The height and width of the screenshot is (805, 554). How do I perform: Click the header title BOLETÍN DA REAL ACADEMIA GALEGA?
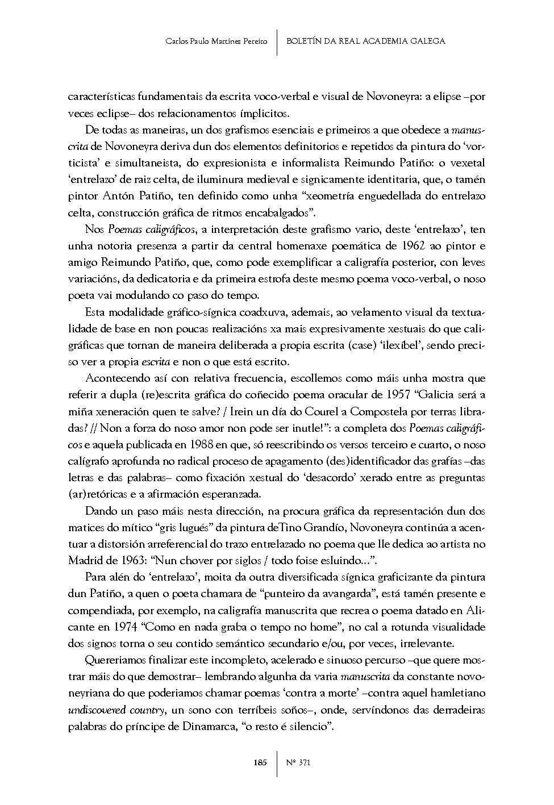[365, 41]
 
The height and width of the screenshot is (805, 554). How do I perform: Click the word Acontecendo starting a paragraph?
[116, 378]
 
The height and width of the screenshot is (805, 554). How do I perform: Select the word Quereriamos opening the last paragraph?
[116, 661]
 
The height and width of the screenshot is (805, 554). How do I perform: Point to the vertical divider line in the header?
[277, 41]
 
